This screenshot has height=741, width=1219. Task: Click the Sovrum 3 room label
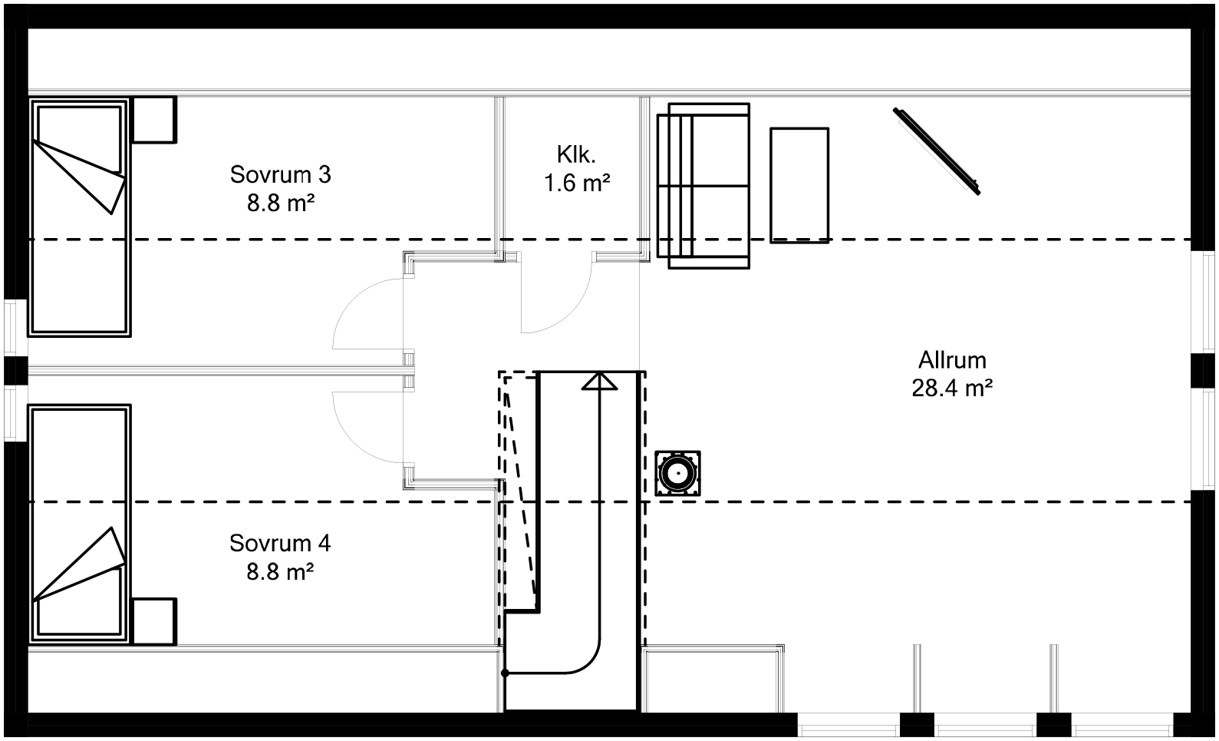click(x=280, y=175)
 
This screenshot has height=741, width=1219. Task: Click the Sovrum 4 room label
click(x=280, y=544)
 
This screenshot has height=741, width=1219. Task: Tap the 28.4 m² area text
click(x=952, y=389)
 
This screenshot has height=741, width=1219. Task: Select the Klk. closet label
click(x=576, y=155)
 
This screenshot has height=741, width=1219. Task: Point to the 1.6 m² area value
click(x=577, y=184)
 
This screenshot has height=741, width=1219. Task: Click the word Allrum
click(x=952, y=360)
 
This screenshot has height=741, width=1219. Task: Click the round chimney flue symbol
click(x=678, y=474)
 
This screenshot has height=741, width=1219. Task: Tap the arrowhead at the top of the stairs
click(x=599, y=381)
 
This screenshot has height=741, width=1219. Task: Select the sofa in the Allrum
click(x=703, y=186)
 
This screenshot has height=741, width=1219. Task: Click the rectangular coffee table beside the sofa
click(x=799, y=186)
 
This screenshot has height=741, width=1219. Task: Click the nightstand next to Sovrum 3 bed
click(x=154, y=119)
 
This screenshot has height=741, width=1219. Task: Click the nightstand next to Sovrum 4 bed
click(x=154, y=621)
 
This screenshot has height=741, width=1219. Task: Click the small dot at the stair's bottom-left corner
click(x=505, y=673)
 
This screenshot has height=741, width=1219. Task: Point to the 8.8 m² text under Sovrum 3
click(x=280, y=203)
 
